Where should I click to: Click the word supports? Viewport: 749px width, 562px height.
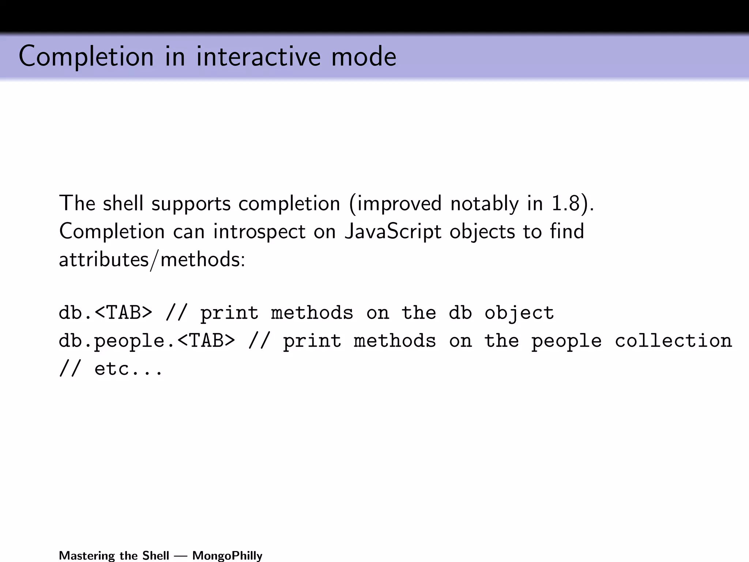(x=191, y=203)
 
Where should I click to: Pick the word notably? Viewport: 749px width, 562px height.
(x=485, y=203)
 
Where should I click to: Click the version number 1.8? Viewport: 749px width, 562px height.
(x=565, y=203)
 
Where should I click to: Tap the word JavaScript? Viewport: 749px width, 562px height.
(x=393, y=232)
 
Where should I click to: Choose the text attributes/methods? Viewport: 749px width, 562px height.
(x=152, y=260)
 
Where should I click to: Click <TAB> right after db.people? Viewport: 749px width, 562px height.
(x=206, y=341)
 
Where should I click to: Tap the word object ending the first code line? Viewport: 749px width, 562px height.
(x=519, y=313)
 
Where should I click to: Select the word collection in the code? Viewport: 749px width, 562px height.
(x=673, y=341)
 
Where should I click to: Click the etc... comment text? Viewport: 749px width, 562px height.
(x=128, y=369)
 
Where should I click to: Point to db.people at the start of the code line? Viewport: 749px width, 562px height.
(x=112, y=341)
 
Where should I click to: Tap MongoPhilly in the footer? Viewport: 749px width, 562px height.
(x=227, y=555)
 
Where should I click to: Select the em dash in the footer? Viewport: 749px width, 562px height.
(x=181, y=556)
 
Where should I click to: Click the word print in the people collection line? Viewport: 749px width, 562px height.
(x=312, y=341)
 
